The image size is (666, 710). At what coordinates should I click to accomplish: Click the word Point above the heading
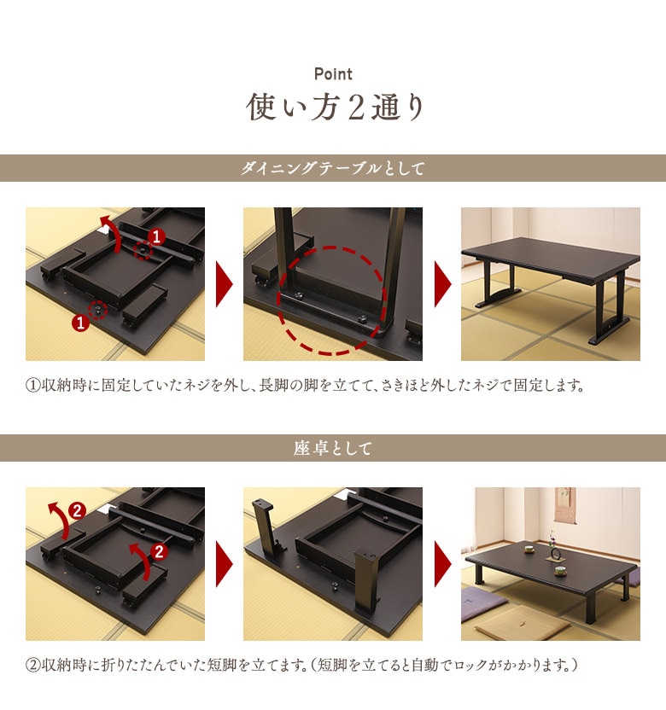[x=333, y=74]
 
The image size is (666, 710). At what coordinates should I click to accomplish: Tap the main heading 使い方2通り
[x=333, y=108]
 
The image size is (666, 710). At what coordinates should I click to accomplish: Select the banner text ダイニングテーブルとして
[x=332, y=168]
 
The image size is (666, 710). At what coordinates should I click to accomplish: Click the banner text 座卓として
[x=332, y=448]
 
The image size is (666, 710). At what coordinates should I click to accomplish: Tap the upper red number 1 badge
[x=155, y=236]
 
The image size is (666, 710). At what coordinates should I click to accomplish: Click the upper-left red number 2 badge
[x=76, y=512]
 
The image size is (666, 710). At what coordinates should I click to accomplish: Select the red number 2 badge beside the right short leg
[x=159, y=551]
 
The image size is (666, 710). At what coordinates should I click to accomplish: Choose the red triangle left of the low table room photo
[x=442, y=564]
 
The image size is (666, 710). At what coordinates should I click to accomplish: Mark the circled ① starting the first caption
[x=32, y=385]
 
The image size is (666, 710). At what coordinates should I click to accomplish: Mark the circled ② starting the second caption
[x=32, y=664]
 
